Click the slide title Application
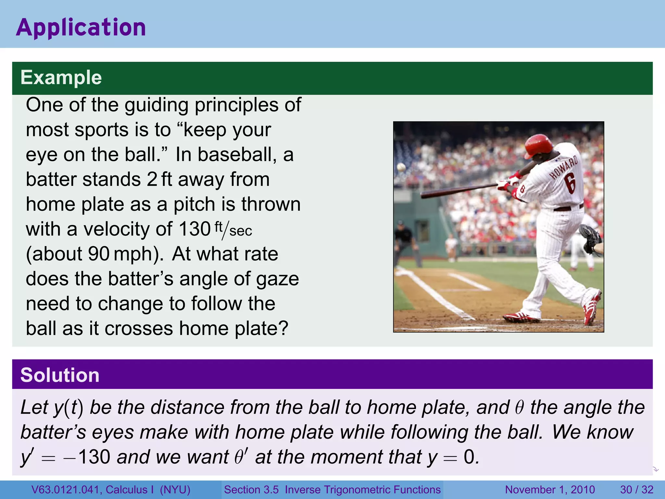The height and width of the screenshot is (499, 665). coord(81,27)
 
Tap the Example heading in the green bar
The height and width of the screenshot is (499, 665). coord(61,78)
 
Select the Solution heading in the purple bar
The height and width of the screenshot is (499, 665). coord(60,375)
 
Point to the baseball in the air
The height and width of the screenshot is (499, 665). coord(401,167)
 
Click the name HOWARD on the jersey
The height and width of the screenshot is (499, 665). coord(564,167)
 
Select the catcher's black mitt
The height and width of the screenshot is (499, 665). coord(591,239)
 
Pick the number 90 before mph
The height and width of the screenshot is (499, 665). coord(99,254)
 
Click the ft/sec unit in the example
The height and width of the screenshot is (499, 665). coord(233,229)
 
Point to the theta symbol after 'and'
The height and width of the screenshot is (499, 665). coord(520,408)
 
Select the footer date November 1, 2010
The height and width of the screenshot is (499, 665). coord(550,490)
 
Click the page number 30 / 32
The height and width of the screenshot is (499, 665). coord(636,490)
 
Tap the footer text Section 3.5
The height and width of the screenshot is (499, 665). coord(251,490)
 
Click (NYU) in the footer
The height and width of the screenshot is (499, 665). coord(175,490)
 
